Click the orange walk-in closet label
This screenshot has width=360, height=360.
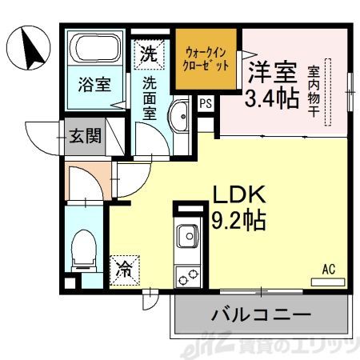coord(206,58)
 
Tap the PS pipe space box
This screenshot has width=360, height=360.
coord(206,102)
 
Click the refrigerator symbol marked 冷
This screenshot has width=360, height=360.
coord(126,269)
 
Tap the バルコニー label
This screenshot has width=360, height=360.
coord(260,315)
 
